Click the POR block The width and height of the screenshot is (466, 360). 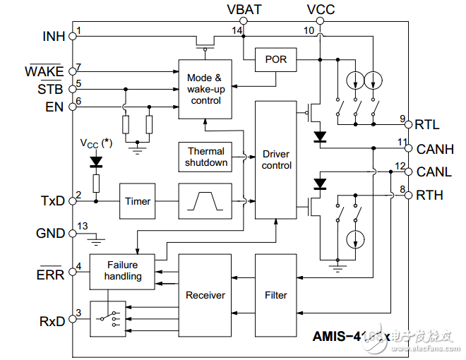tap(276, 59)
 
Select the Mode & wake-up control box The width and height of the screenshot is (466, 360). tap(205, 89)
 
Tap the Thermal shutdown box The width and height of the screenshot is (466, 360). tap(206, 157)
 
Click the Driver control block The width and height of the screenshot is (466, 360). tap(276, 160)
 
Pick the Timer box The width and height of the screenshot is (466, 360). tap(138, 201)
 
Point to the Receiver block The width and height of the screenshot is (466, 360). tap(205, 294)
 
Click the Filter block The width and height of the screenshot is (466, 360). tap(276, 294)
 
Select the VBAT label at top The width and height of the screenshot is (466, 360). tap(244, 9)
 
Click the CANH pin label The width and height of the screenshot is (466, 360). tap(435, 149)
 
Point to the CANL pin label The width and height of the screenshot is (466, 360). tap(434, 172)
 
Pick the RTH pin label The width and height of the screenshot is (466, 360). tap(429, 196)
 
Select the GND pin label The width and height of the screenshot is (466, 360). tap(50, 233)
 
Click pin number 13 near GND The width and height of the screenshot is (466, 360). tap(83, 226)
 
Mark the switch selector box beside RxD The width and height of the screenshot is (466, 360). tap(107, 319)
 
